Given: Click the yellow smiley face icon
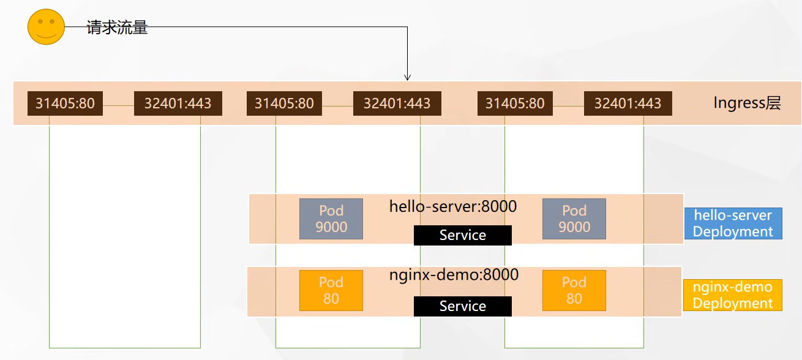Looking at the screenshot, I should click(x=46, y=26).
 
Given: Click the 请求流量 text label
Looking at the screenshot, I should click(x=117, y=28).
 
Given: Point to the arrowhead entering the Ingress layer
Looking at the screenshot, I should click(x=407, y=77).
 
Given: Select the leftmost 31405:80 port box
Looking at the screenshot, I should click(x=65, y=103).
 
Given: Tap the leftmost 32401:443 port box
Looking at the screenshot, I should click(x=178, y=103).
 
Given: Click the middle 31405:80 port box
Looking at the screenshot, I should click(x=284, y=103).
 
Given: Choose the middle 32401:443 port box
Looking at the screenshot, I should click(x=397, y=103).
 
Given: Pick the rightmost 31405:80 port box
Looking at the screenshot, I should click(x=515, y=103).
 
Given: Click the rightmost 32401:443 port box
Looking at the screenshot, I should click(x=628, y=103).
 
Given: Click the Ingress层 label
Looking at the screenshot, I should click(x=747, y=102).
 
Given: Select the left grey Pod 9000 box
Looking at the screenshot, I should click(x=331, y=219).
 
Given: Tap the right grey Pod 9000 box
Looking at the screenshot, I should click(x=574, y=219).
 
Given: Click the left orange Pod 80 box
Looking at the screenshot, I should click(x=331, y=290).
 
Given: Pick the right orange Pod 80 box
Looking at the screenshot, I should click(x=574, y=290).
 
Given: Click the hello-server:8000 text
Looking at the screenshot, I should click(x=453, y=206).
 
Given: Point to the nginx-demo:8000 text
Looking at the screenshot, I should click(x=454, y=275).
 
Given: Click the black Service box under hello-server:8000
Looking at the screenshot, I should click(x=462, y=235).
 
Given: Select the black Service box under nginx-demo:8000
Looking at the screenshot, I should click(x=462, y=306).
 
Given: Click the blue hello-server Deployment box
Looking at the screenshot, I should click(x=733, y=223).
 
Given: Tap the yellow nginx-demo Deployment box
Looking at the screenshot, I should click(x=732, y=295).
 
